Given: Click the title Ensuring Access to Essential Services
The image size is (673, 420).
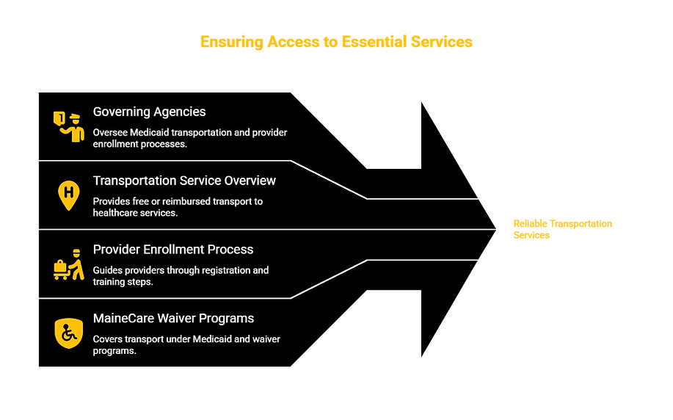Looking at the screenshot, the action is (336, 42).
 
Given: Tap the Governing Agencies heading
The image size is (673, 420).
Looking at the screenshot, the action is (150, 112).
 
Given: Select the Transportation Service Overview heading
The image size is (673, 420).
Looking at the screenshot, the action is (184, 181).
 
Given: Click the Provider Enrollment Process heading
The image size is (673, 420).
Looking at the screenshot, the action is (173, 250).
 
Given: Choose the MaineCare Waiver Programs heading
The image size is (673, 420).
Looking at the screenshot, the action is (173, 318).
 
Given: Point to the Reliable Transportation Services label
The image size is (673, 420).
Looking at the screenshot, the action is (563, 229).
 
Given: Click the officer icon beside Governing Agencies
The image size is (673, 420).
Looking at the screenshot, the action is (69, 127).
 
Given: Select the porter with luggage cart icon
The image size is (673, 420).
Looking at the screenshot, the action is (69, 264).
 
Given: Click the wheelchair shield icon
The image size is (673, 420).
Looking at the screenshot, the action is (69, 333).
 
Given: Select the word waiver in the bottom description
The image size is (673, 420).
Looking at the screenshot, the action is (266, 338).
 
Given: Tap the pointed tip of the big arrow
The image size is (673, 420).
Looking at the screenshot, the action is (495, 229).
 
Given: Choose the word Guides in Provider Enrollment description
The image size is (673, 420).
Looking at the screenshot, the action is (106, 270).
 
